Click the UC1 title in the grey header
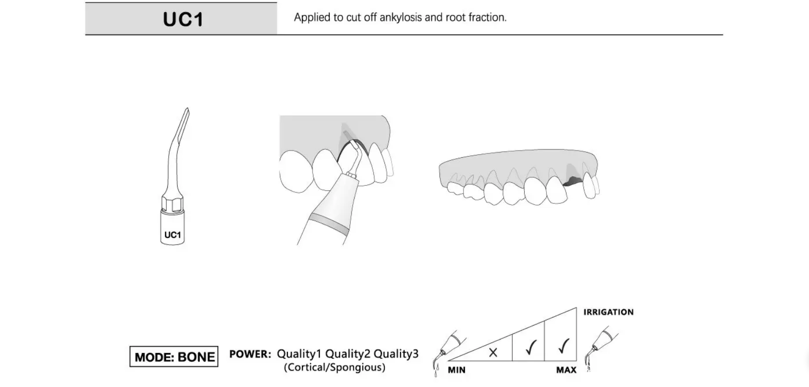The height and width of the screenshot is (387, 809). click(x=183, y=19)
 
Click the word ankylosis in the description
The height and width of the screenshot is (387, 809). click(x=401, y=18)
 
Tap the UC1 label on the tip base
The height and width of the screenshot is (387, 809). click(x=173, y=235)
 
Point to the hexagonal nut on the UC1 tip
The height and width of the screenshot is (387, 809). click(x=173, y=203)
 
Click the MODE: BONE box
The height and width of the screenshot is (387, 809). click(x=174, y=357)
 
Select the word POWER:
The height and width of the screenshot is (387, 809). click(x=250, y=354)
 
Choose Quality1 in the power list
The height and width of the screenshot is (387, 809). click(x=299, y=354)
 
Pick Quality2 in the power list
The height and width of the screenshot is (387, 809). click(x=347, y=354)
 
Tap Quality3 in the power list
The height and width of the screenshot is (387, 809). click(x=396, y=354)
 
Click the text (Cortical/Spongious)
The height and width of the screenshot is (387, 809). click(x=335, y=367)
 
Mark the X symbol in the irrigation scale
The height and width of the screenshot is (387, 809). click(x=493, y=352)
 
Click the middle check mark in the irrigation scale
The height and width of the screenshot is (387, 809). click(x=530, y=347)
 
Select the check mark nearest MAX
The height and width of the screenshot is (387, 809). click(x=563, y=346)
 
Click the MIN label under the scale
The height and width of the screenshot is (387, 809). click(x=456, y=370)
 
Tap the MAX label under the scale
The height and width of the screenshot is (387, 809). click(x=566, y=370)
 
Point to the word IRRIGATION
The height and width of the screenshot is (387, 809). click(x=608, y=312)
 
